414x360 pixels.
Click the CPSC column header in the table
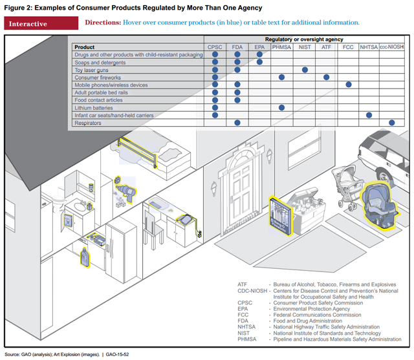[215, 47]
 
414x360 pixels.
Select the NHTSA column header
[369, 47]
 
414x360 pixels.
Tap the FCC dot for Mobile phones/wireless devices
[349, 85]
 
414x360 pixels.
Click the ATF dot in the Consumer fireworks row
[326, 78]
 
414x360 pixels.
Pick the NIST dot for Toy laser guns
[304, 70]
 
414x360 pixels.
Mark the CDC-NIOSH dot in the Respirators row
[391, 122]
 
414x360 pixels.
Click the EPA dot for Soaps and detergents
[259, 62]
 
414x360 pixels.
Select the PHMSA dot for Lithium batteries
[281, 107]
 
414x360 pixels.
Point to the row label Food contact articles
[99, 100]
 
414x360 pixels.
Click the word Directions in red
[102, 23]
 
